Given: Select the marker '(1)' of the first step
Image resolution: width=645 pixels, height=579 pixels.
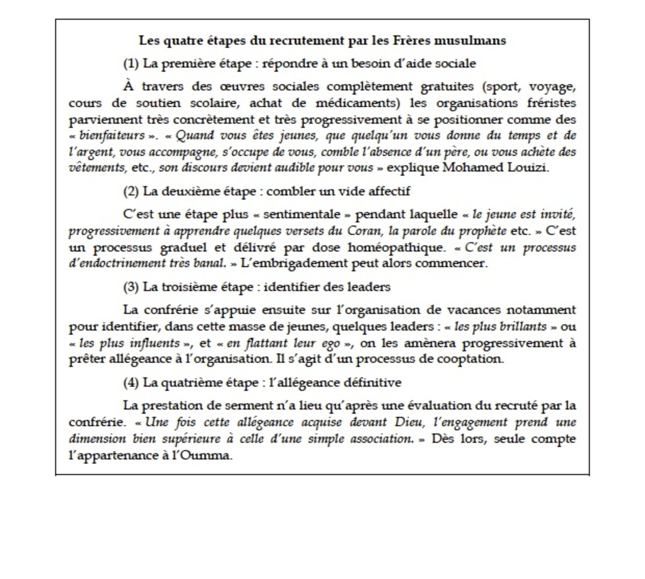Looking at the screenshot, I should pyautogui.click(x=131, y=63).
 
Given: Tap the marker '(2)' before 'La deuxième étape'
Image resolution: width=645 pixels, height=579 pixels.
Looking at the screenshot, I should pyautogui.click(x=131, y=191).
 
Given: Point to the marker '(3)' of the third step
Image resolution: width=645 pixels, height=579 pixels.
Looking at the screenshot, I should pyautogui.click(x=131, y=287).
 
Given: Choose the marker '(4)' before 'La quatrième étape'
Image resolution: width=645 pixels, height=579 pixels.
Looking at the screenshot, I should pyautogui.click(x=131, y=383).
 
